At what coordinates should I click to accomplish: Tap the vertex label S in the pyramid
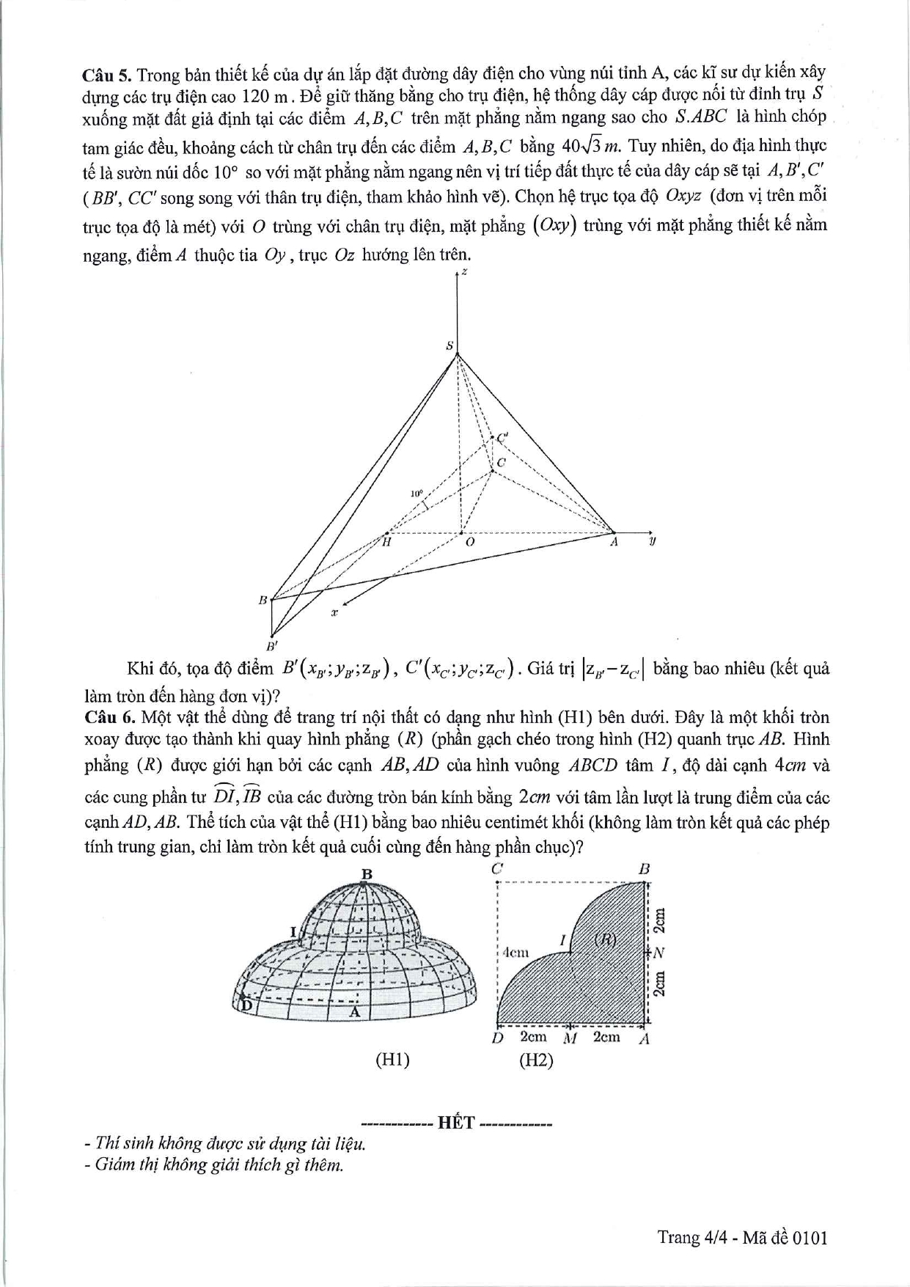(450, 345)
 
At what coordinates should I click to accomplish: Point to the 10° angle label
(417, 494)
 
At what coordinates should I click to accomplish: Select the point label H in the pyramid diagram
(386, 542)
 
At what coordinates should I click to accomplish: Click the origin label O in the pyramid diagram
(470, 542)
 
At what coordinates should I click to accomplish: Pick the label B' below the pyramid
(271, 646)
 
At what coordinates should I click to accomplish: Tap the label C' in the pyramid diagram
(502, 438)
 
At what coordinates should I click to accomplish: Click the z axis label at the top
(465, 272)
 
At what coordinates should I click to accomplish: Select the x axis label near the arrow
(334, 611)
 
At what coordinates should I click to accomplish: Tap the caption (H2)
(535, 1060)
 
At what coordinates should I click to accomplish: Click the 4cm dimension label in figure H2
(515, 952)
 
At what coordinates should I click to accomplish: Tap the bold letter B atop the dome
(367, 873)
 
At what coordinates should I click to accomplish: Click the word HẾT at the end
(456, 1123)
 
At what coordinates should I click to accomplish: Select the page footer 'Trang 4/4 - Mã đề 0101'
(742, 1237)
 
